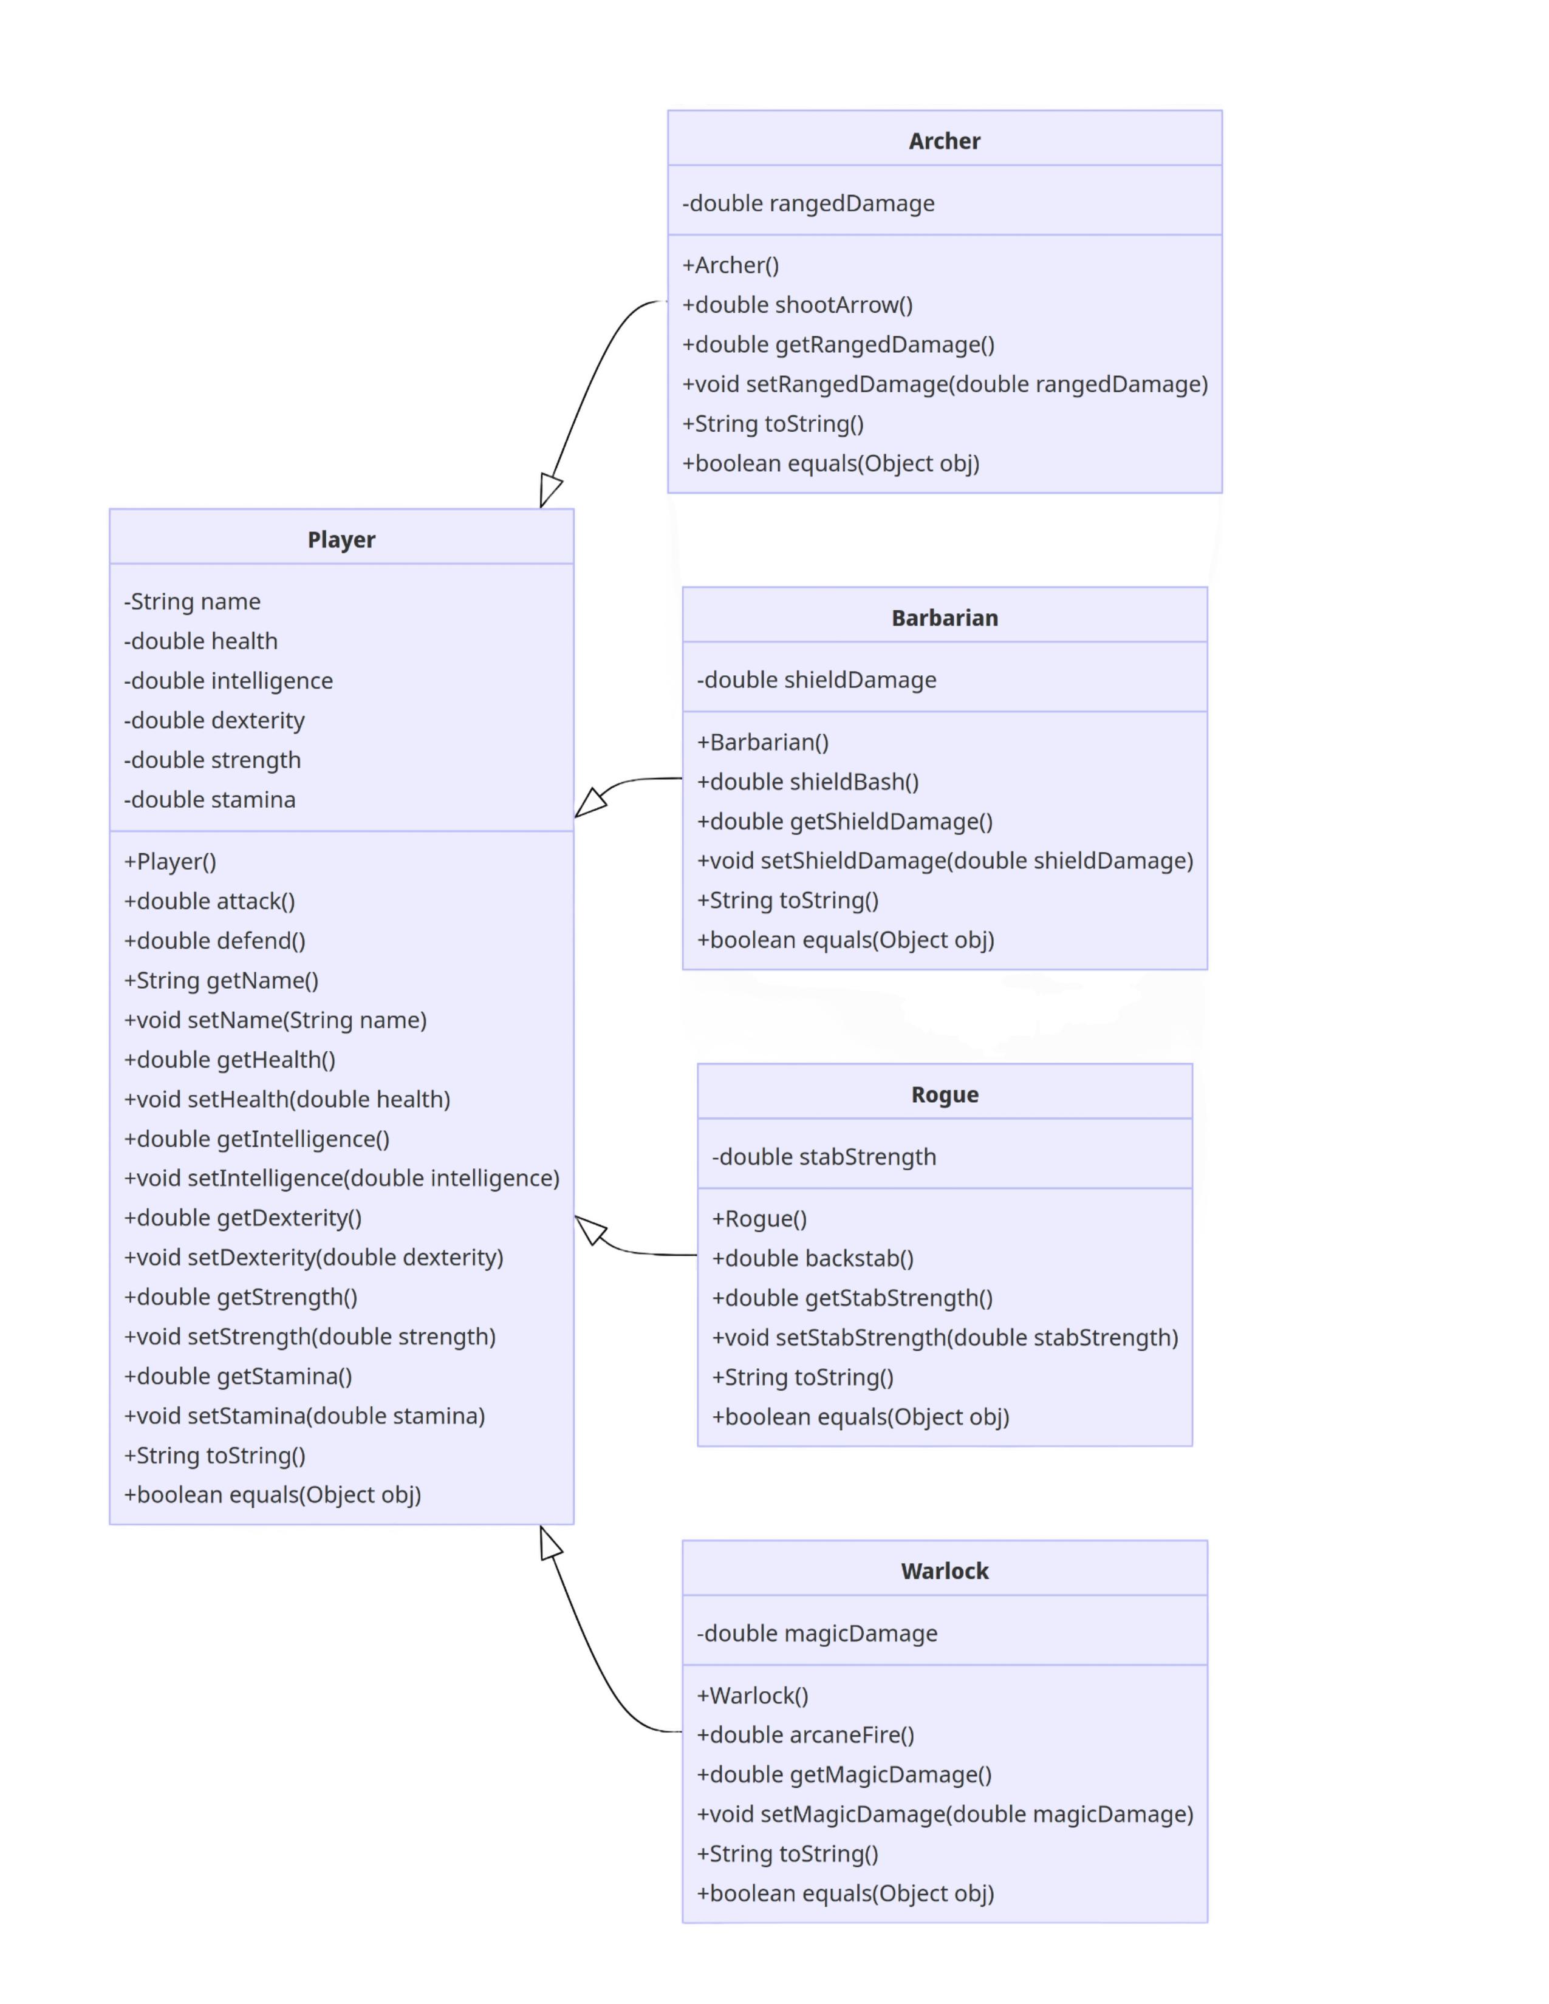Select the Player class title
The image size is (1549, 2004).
click(x=341, y=539)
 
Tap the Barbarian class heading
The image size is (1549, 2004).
click(x=944, y=618)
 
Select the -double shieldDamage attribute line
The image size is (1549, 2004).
click(x=816, y=680)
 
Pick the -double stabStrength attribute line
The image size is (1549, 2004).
click(x=824, y=1156)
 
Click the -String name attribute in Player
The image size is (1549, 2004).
click(x=192, y=601)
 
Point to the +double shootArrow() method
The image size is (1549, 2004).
click(x=798, y=305)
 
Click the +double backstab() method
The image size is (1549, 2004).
click(x=813, y=1258)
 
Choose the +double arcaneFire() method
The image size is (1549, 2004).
click(x=805, y=1734)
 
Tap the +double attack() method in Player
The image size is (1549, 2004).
click(x=209, y=901)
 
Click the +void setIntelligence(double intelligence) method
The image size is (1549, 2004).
click(x=341, y=1178)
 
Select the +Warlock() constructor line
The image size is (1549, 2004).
click(x=753, y=1695)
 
